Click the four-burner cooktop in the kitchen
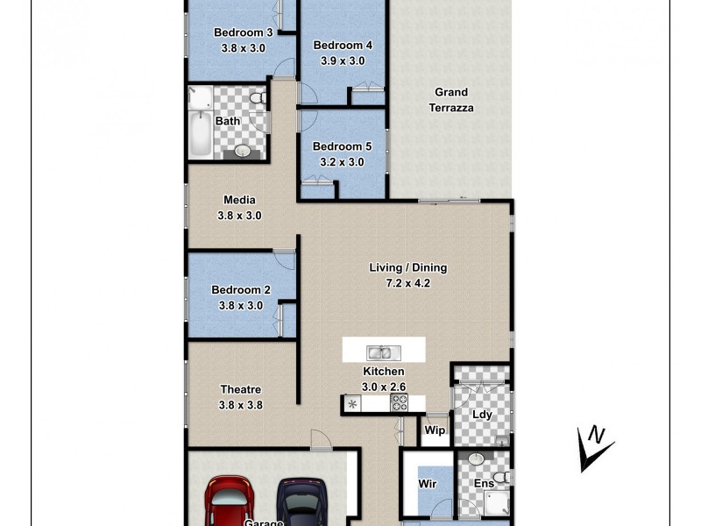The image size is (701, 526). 399,403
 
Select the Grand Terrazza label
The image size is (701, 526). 451,100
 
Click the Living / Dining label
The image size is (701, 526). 407,268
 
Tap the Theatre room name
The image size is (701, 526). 240,389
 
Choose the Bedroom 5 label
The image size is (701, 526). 337,146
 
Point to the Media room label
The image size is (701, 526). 239,200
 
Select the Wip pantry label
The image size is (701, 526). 435,430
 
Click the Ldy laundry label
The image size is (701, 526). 482,415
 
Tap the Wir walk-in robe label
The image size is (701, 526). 428,482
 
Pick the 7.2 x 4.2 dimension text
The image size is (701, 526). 407,283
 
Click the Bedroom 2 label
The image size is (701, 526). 241,290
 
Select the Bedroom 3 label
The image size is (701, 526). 244,33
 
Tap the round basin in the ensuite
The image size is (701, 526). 475,458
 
